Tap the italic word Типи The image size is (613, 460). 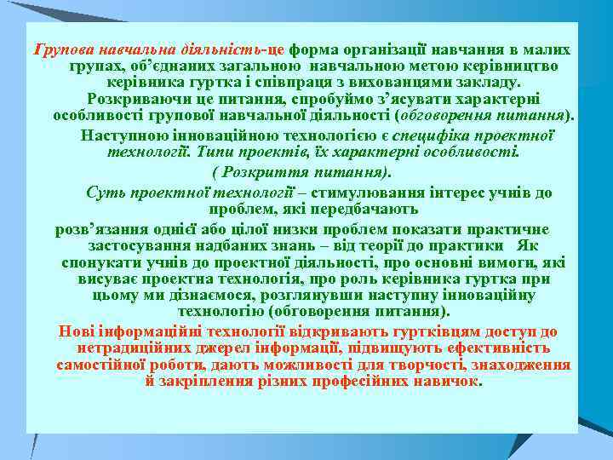tap(213, 152)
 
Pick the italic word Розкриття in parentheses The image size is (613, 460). tap(261, 172)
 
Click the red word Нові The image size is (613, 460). tap(73, 331)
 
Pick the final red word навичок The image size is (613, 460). tap(450, 381)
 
